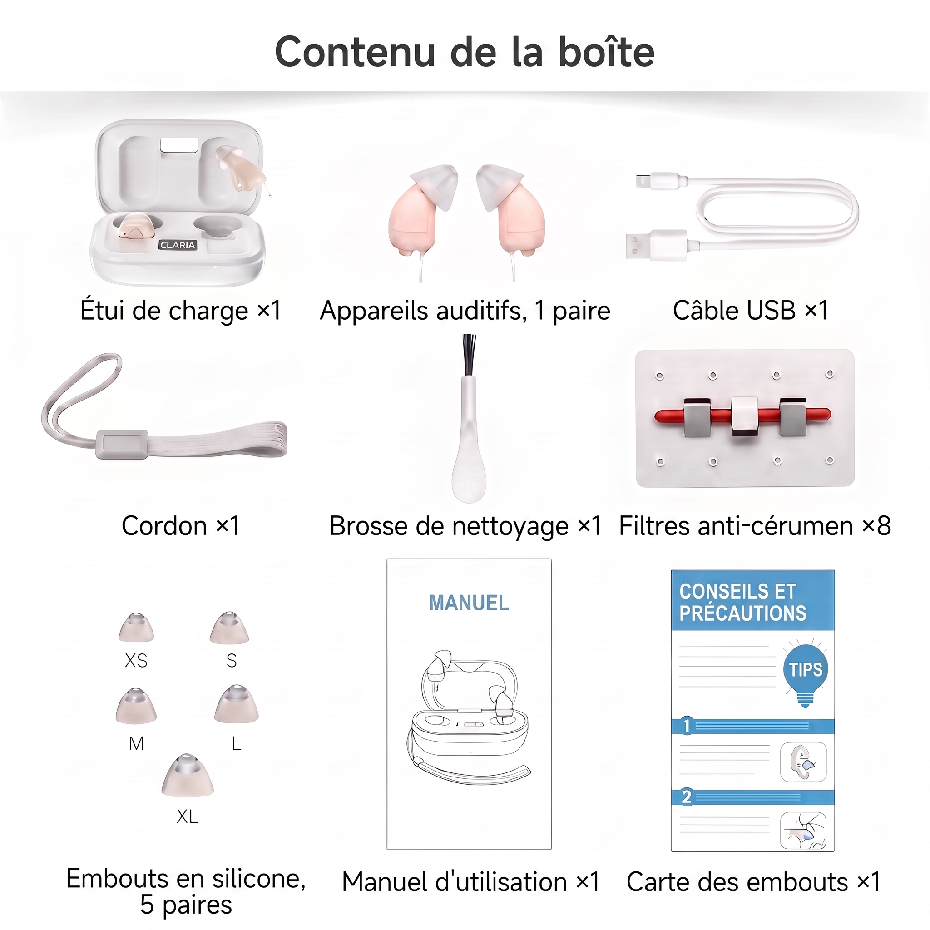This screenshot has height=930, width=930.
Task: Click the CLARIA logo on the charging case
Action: pyautogui.click(x=178, y=245)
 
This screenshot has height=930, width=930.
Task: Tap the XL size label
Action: pyautogui.click(x=187, y=816)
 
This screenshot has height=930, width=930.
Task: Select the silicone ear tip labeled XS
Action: pyautogui.click(x=136, y=627)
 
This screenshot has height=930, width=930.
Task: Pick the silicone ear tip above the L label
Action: pyautogui.click(x=236, y=704)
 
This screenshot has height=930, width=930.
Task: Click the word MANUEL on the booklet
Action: pyautogui.click(x=469, y=603)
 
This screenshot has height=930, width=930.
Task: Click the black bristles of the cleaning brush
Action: pyautogui.click(x=468, y=355)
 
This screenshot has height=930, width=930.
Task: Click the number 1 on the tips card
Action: pyautogui.click(x=687, y=725)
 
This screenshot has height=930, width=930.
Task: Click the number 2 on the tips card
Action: pyautogui.click(x=687, y=797)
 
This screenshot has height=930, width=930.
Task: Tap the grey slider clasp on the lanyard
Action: pyautogui.click(x=122, y=444)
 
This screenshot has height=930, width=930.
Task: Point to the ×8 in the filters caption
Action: pyautogui.click(x=876, y=525)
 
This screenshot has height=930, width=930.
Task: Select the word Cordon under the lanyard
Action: pyautogui.click(x=164, y=526)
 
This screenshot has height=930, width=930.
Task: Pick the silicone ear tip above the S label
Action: pyautogui.click(x=229, y=628)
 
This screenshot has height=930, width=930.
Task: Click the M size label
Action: pyautogui.click(x=136, y=744)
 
